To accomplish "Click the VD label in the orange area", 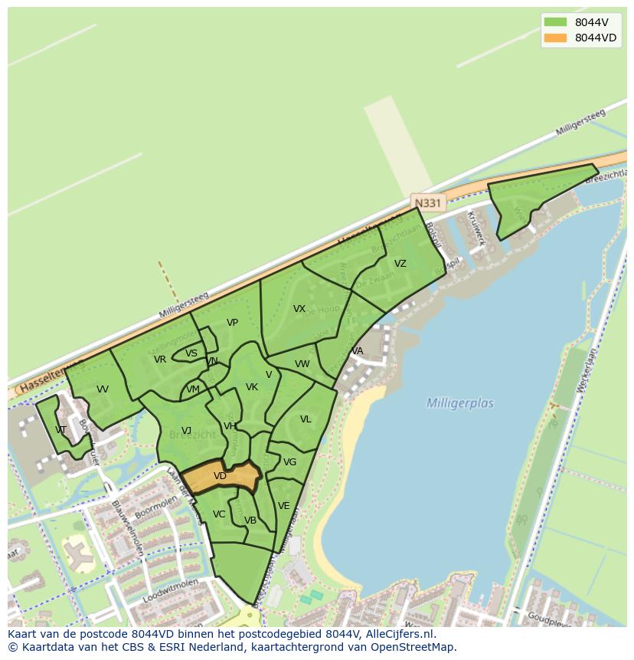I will click(x=220, y=476).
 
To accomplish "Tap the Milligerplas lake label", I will click(x=459, y=403).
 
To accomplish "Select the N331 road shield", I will click(x=426, y=202).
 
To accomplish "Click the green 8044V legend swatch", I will click(x=555, y=21).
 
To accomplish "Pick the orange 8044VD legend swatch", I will click(x=555, y=38).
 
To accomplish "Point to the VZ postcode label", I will click(x=400, y=264).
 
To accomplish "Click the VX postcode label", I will click(x=299, y=309).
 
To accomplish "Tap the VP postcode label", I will click(x=232, y=323).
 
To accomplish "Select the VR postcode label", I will click(x=160, y=360).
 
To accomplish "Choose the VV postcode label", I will click(x=103, y=389).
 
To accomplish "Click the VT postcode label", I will click(x=61, y=429).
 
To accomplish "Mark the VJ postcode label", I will click(x=186, y=430).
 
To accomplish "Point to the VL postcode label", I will click(x=306, y=419).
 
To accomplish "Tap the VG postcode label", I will click(x=289, y=462).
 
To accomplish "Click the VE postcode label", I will click(x=283, y=506).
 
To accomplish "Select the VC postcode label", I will click(x=219, y=514).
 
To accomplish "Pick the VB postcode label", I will click(x=250, y=520).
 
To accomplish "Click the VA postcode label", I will click(x=358, y=351).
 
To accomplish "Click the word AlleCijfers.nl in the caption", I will click(x=398, y=634).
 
